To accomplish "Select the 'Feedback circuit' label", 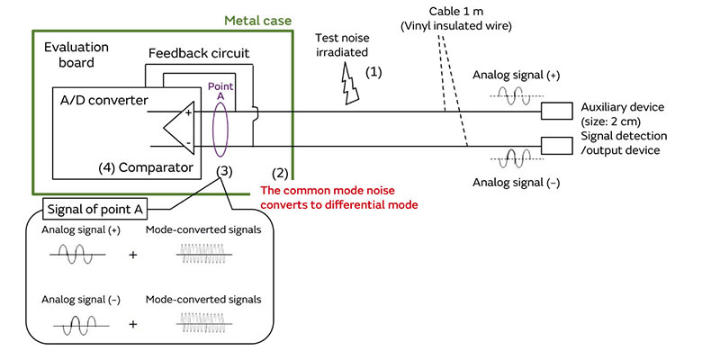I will [x=197, y=55].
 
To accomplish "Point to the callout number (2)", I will [x=281, y=171].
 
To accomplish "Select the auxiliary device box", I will [x=556, y=111].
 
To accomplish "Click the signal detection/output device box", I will [x=556, y=144].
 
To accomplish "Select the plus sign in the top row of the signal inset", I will [x=133, y=256].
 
